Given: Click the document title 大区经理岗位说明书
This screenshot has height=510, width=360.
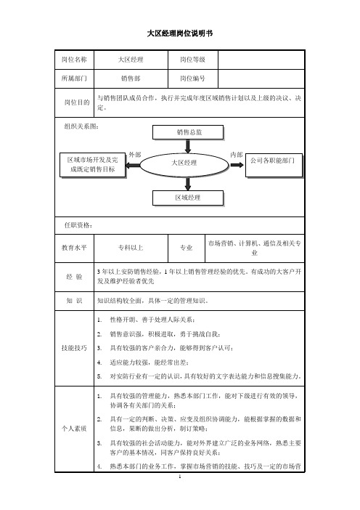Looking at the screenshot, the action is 180,33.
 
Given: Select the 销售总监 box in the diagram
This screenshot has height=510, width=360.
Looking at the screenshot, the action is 188,132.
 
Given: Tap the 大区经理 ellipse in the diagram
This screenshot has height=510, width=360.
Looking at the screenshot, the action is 184,165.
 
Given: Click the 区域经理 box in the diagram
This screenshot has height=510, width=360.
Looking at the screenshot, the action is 188,198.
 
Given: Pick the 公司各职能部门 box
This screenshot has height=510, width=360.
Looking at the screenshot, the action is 274,165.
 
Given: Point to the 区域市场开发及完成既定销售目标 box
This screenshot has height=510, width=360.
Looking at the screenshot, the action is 93,165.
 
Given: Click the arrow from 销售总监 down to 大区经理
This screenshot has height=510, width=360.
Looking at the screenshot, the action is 188,146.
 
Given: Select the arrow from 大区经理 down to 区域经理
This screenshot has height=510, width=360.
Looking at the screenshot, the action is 188,184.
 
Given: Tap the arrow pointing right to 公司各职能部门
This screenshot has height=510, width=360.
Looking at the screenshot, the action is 237,165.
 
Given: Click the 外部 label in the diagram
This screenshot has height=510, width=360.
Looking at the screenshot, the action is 134,155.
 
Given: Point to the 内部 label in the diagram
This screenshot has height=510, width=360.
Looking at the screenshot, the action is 236,155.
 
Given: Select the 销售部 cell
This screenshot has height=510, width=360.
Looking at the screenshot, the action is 131,78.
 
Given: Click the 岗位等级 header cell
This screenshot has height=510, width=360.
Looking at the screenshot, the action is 192,60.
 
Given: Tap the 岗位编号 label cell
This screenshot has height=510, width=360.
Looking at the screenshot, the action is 192,78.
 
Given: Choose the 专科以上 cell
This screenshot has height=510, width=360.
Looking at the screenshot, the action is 131,248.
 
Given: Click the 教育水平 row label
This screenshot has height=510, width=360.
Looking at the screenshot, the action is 75,248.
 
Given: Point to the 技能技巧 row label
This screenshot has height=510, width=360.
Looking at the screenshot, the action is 75,348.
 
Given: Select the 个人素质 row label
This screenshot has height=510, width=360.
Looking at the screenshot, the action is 75,429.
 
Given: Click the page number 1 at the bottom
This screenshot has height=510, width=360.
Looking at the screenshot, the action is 180,477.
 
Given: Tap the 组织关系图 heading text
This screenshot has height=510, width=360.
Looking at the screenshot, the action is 81,126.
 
